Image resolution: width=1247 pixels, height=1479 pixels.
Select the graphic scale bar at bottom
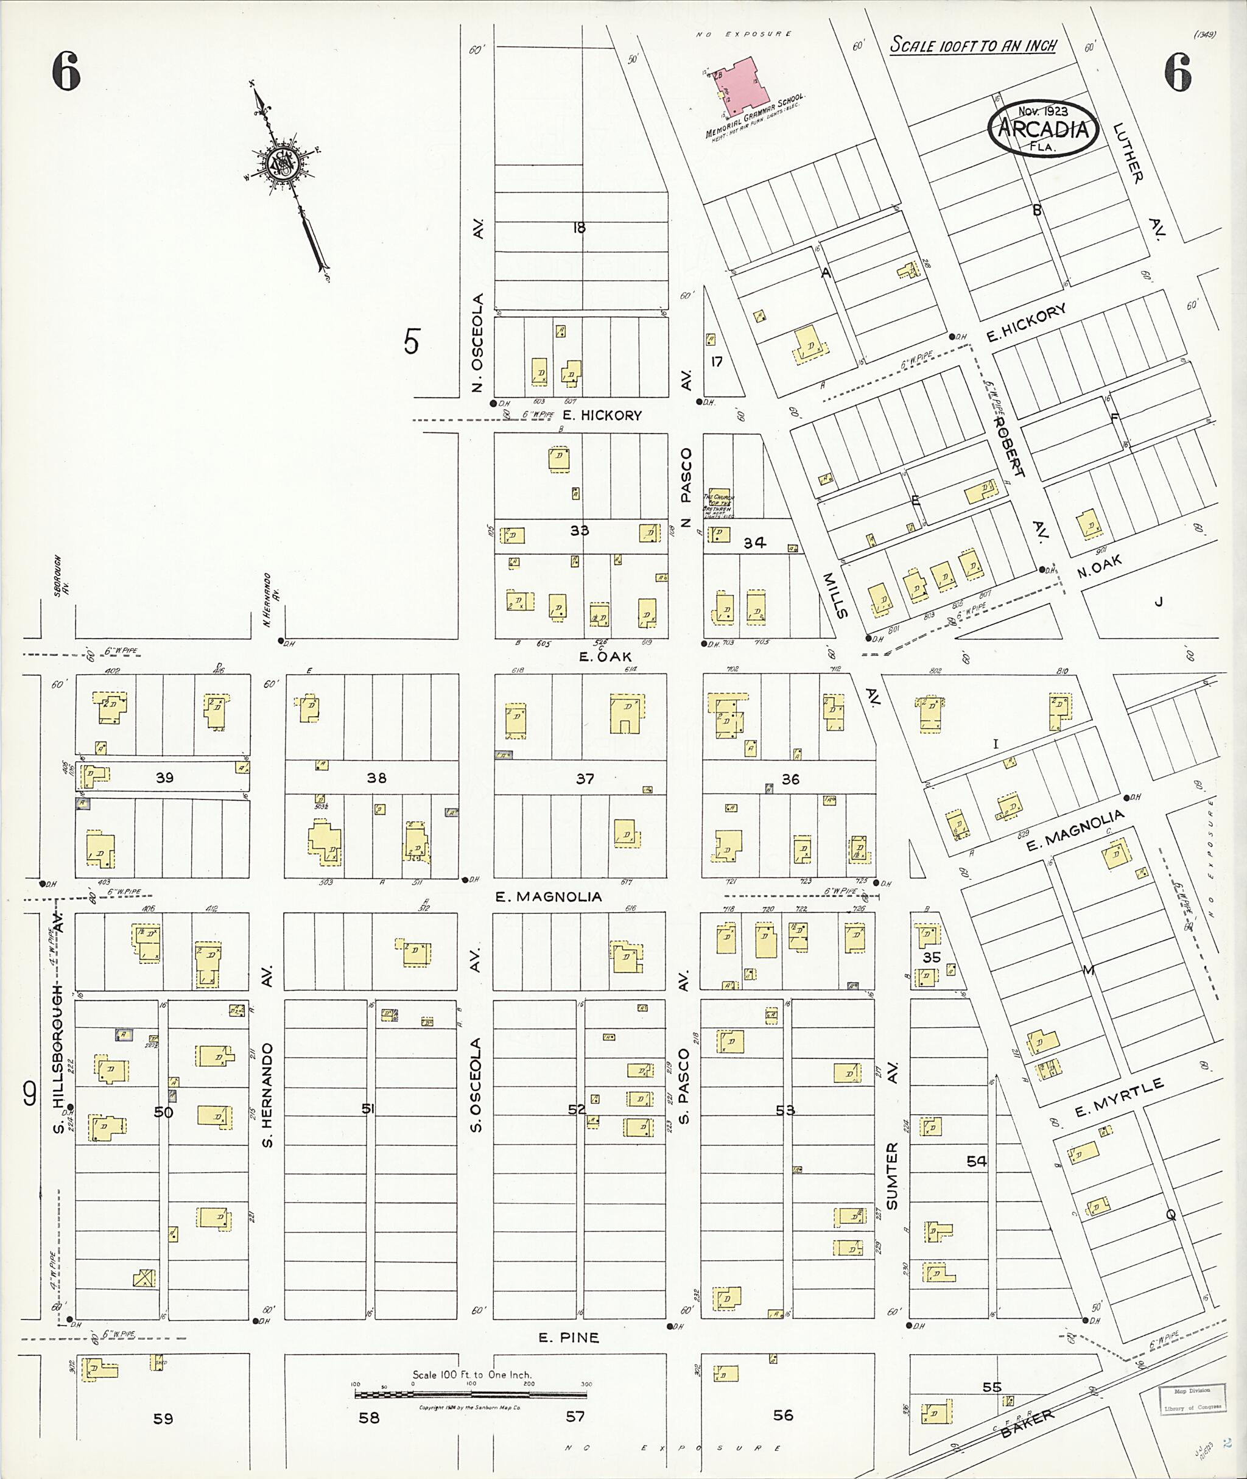click(470, 1395)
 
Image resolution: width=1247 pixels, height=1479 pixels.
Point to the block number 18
click(579, 228)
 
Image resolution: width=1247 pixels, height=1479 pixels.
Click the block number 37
click(585, 778)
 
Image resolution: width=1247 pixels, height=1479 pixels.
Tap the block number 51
click(368, 1109)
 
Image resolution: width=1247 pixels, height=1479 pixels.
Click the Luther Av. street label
click(1137, 183)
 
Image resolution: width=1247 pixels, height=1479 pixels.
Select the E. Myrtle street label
click(1119, 1098)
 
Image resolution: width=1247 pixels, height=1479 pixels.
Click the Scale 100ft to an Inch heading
click(973, 45)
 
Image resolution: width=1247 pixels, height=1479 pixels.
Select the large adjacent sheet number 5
click(412, 342)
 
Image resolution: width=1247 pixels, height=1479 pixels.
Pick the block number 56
click(782, 1414)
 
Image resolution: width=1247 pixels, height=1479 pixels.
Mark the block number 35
click(932, 957)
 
